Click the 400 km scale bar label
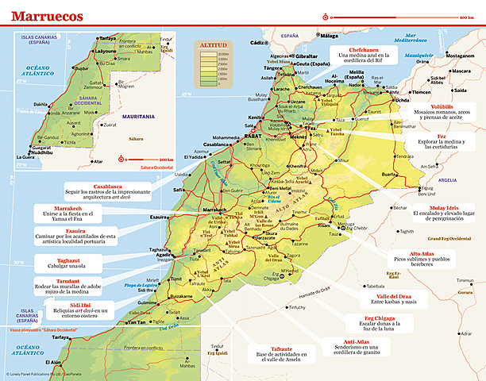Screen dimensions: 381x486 [466, 17]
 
